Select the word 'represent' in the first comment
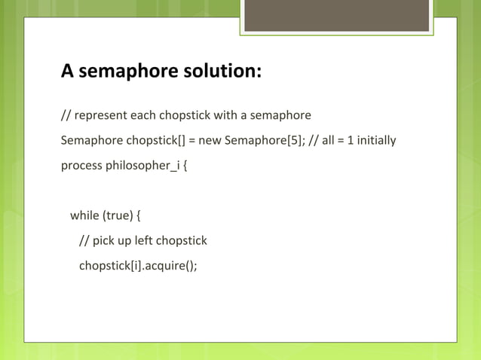pyautogui.click(x=100, y=116)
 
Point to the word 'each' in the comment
pyautogui.click(x=144, y=116)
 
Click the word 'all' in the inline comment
pyautogui.click(x=329, y=140)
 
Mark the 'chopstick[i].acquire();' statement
pyautogui.click(x=138, y=265)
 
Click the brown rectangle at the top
pyautogui.click(x=336, y=16)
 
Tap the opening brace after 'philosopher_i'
pyautogui.click(x=185, y=165)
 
